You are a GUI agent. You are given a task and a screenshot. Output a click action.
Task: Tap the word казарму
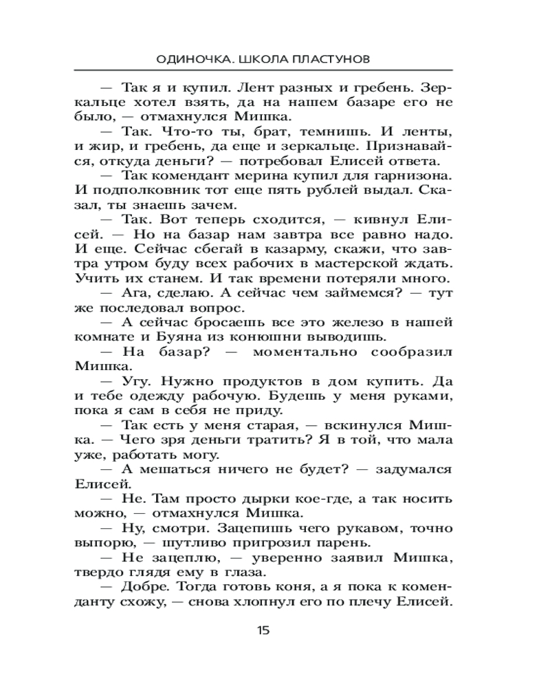(x=272, y=249)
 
